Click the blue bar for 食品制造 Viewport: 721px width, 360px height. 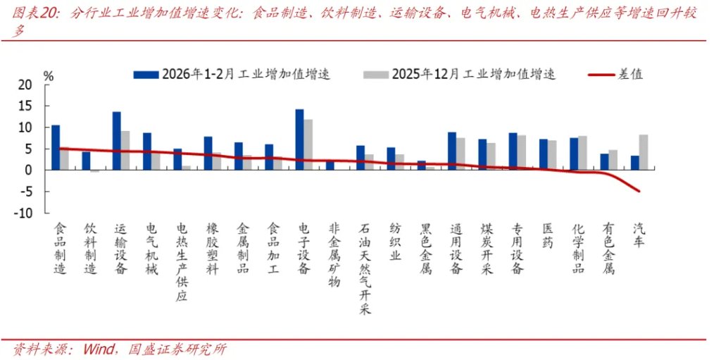coord(56,147)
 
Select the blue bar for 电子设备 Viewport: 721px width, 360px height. coord(299,139)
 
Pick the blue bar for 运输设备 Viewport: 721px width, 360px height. coord(116,141)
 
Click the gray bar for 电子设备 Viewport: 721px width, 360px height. coord(308,144)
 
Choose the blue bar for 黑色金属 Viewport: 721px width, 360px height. coord(421,166)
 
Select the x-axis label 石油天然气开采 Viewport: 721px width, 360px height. coord(365,268)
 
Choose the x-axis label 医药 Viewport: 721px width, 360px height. coord(547,235)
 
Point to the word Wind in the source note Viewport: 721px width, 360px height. coord(103,349)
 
